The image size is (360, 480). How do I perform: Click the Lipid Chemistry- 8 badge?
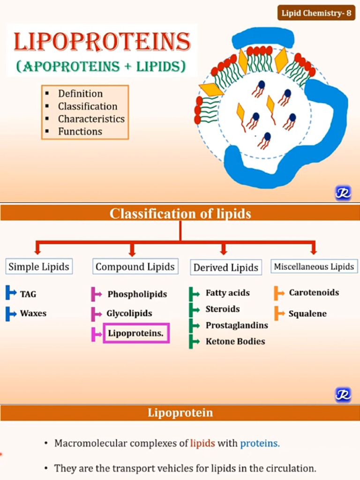pyautogui.click(x=316, y=13)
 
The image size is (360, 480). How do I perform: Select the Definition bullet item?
pyautogui.click(x=80, y=94)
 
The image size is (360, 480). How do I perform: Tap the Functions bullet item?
pyautogui.click(x=80, y=132)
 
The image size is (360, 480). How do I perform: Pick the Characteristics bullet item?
pyautogui.click(x=91, y=119)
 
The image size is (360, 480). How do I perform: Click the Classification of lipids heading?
pyautogui.click(x=180, y=214)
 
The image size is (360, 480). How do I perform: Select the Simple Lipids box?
pyautogui.click(x=39, y=267)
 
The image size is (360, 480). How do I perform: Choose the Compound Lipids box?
pyautogui.click(x=135, y=267)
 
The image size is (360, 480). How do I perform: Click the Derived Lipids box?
pyautogui.click(x=225, y=268)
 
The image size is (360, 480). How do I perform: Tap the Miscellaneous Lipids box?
pyautogui.click(x=314, y=267)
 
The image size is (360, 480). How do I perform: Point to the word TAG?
pyautogui.click(x=28, y=294)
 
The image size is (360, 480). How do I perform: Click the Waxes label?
pyautogui.click(x=33, y=313)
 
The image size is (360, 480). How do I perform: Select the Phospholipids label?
pyautogui.click(x=137, y=294)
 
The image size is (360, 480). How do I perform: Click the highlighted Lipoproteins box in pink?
pyautogui.click(x=136, y=333)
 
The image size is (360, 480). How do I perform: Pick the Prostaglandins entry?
pyautogui.click(x=237, y=325)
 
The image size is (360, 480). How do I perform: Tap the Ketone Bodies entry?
pyautogui.click(x=235, y=342)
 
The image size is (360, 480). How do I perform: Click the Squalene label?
pyautogui.click(x=307, y=314)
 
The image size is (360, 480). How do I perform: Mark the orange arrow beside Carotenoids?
pyautogui.click(x=279, y=293)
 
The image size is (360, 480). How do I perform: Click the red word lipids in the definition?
pyautogui.click(x=202, y=443)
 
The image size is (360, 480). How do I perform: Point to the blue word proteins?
pyautogui.click(x=260, y=443)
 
